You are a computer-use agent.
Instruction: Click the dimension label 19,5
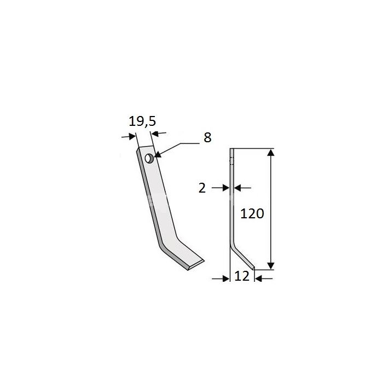coord(142,121)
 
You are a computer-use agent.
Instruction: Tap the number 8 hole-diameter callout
coord(207,137)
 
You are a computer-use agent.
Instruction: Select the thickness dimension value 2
coord(202,188)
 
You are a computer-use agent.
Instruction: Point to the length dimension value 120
coord(252,213)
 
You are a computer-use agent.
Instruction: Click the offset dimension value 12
coord(242,276)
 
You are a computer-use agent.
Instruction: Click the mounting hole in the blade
coord(148,159)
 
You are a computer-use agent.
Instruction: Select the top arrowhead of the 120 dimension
coord(271,153)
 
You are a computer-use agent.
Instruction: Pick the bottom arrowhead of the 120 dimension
coord(271,266)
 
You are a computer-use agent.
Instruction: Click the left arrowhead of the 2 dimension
coord(226,188)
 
